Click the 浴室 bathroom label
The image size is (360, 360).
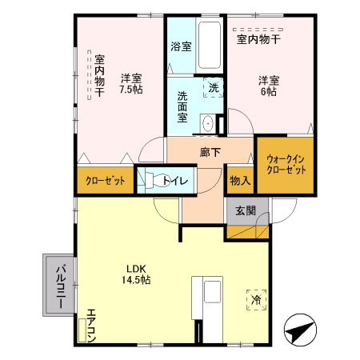pyautogui.click(x=182, y=46)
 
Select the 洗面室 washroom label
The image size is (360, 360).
pyautogui.click(x=182, y=106)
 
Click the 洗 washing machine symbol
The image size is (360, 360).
pyautogui.click(x=213, y=87)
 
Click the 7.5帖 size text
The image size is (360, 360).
pyautogui.click(x=131, y=90)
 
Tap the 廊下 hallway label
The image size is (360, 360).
pyautogui.click(x=210, y=151)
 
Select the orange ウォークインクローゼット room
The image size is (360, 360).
pyautogui.click(x=284, y=166)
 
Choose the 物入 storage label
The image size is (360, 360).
pyautogui.click(x=239, y=181)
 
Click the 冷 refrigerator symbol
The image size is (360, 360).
pyautogui.click(x=256, y=299)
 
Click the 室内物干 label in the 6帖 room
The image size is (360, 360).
pyautogui.click(x=257, y=38)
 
